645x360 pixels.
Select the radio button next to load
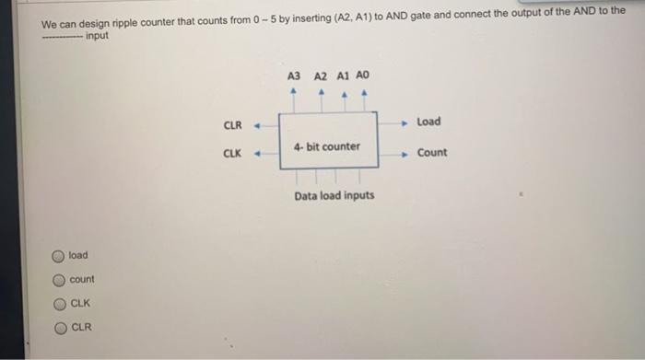[x=57, y=256]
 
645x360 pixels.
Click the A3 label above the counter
[x=294, y=75]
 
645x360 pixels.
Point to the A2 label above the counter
[x=320, y=75]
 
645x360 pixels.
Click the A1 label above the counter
[x=343, y=75]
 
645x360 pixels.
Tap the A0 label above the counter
[x=364, y=75]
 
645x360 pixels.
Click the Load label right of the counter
[x=428, y=122]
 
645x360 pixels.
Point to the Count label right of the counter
[x=431, y=153]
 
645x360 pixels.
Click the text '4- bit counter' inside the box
[x=327, y=146]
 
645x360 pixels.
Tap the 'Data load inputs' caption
[x=334, y=196]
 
